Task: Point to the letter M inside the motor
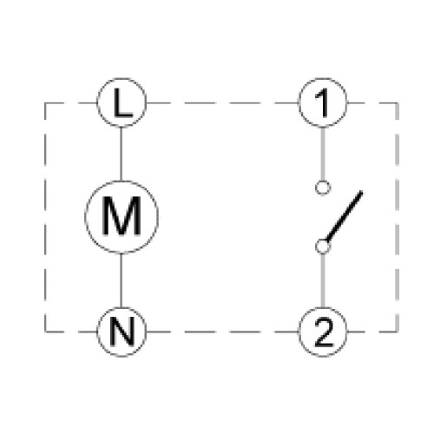122,216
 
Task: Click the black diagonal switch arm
344,216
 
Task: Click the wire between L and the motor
121,154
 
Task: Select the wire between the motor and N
121,280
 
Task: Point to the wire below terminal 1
323,154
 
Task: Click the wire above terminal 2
323,280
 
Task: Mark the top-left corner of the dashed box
45,102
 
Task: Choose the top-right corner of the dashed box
398,102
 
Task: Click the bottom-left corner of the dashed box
45,332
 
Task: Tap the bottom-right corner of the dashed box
398,332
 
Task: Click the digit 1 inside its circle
322,102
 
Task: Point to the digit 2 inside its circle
323,332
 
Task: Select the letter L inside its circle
123,102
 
